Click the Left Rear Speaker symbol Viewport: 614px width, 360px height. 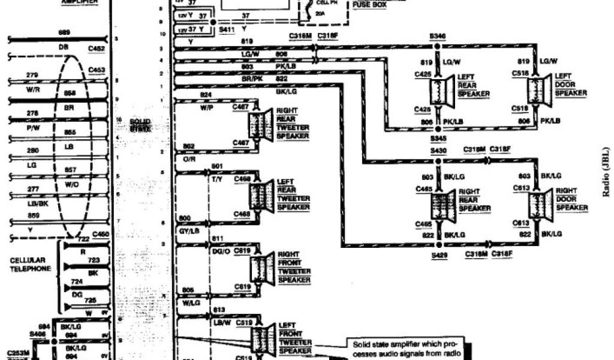pyautogui.click(x=441, y=92)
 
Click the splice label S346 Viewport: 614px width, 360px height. pyautogui.click(x=438, y=37)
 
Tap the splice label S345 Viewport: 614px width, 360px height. pyautogui.click(x=438, y=138)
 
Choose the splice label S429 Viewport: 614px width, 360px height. pyautogui.click(x=438, y=255)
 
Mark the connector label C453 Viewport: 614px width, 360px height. pyautogui.click(x=97, y=70)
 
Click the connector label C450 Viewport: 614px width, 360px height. pyautogui.click(x=101, y=234)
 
